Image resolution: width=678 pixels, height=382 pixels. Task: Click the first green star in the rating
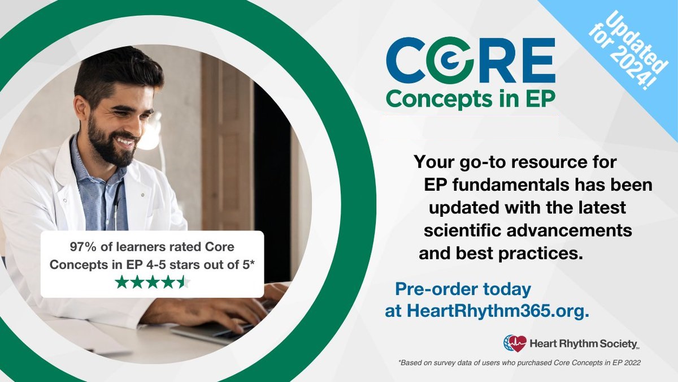click(x=121, y=282)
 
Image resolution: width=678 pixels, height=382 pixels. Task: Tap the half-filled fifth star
click(x=184, y=282)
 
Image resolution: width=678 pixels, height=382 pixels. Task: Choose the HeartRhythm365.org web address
click(x=498, y=311)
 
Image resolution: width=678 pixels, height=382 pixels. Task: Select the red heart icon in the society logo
click(x=518, y=344)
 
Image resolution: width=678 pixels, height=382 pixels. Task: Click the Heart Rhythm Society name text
click(x=584, y=344)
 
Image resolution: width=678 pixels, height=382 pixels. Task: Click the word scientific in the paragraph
click(x=462, y=230)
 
